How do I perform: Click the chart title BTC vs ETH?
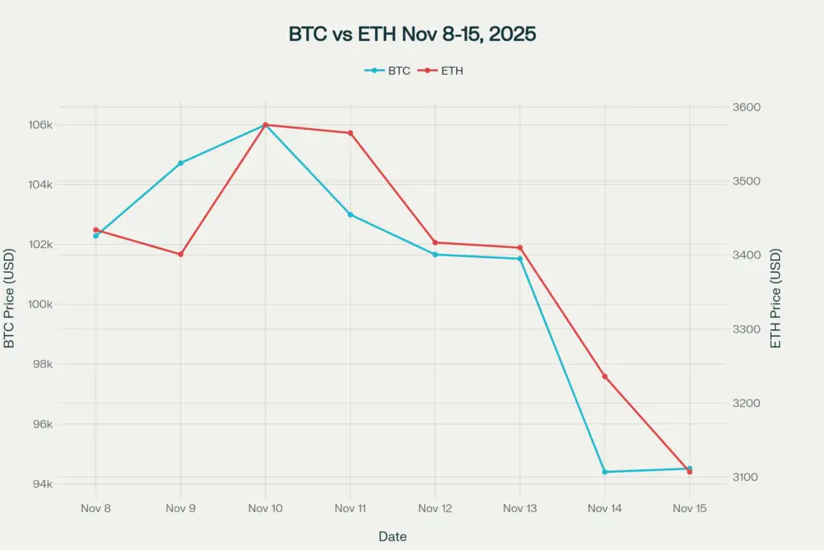point(411,35)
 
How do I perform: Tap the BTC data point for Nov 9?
point(180,163)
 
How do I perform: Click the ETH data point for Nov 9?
point(180,254)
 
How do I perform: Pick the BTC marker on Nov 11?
point(350,214)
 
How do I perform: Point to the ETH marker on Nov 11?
point(350,133)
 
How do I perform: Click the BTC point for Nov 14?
point(604,472)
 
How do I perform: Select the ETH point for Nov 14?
point(604,377)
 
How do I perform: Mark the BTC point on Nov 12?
point(435,254)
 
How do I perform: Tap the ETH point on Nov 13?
point(520,247)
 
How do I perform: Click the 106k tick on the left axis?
point(40,125)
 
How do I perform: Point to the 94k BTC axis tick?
point(43,484)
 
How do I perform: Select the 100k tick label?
point(40,304)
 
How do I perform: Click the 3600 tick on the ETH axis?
point(745,108)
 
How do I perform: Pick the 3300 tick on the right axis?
point(745,329)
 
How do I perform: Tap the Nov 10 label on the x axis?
point(265,508)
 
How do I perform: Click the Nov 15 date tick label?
point(689,508)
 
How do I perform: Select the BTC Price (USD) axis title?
point(10,298)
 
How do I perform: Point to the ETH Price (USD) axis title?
point(777,298)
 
